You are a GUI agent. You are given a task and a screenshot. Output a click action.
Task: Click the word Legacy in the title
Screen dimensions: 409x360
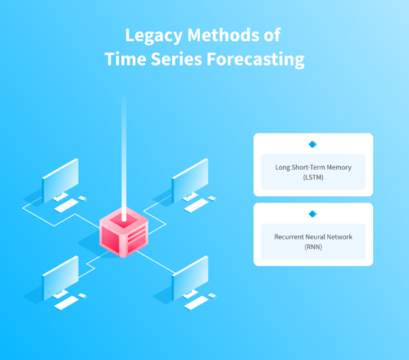click(x=154, y=36)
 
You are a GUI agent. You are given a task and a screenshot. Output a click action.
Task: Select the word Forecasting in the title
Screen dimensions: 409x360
click(x=256, y=60)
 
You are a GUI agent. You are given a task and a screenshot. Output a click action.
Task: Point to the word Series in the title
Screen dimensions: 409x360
click(x=176, y=59)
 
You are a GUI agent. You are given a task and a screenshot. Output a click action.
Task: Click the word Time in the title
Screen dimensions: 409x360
click(x=125, y=59)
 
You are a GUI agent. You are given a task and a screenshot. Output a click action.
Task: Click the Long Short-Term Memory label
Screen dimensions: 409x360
click(x=313, y=167)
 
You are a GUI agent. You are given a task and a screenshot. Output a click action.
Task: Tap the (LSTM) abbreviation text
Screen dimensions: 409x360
click(x=313, y=177)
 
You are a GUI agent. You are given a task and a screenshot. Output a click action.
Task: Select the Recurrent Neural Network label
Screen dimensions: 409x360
click(x=313, y=237)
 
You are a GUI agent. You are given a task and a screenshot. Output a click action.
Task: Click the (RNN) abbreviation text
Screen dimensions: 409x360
click(x=313, y=247)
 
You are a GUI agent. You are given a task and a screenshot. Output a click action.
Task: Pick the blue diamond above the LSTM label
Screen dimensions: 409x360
click(x=312, y=144)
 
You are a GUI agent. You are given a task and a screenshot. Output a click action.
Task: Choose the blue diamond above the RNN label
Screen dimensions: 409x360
click(x=312, y=214)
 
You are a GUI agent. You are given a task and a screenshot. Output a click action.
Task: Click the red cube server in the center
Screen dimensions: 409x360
click(x=124, y=232)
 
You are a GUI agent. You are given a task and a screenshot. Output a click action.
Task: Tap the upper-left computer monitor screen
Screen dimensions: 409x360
click(x=61, y=180)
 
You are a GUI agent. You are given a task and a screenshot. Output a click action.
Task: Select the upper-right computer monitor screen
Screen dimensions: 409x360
click(x=190, y=180)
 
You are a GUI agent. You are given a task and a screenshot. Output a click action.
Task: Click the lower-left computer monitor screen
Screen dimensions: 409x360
click(x=61, y=278)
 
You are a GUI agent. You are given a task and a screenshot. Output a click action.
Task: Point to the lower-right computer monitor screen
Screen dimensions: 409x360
click(x=190, y=278)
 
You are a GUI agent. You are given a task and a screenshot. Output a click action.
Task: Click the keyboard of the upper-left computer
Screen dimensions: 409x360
click(x=66, y=205)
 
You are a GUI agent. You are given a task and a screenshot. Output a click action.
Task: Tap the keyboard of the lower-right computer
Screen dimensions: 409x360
click(x=196, y=303)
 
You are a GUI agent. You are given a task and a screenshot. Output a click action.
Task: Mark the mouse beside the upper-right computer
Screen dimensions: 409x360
click(x=212, y=198)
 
